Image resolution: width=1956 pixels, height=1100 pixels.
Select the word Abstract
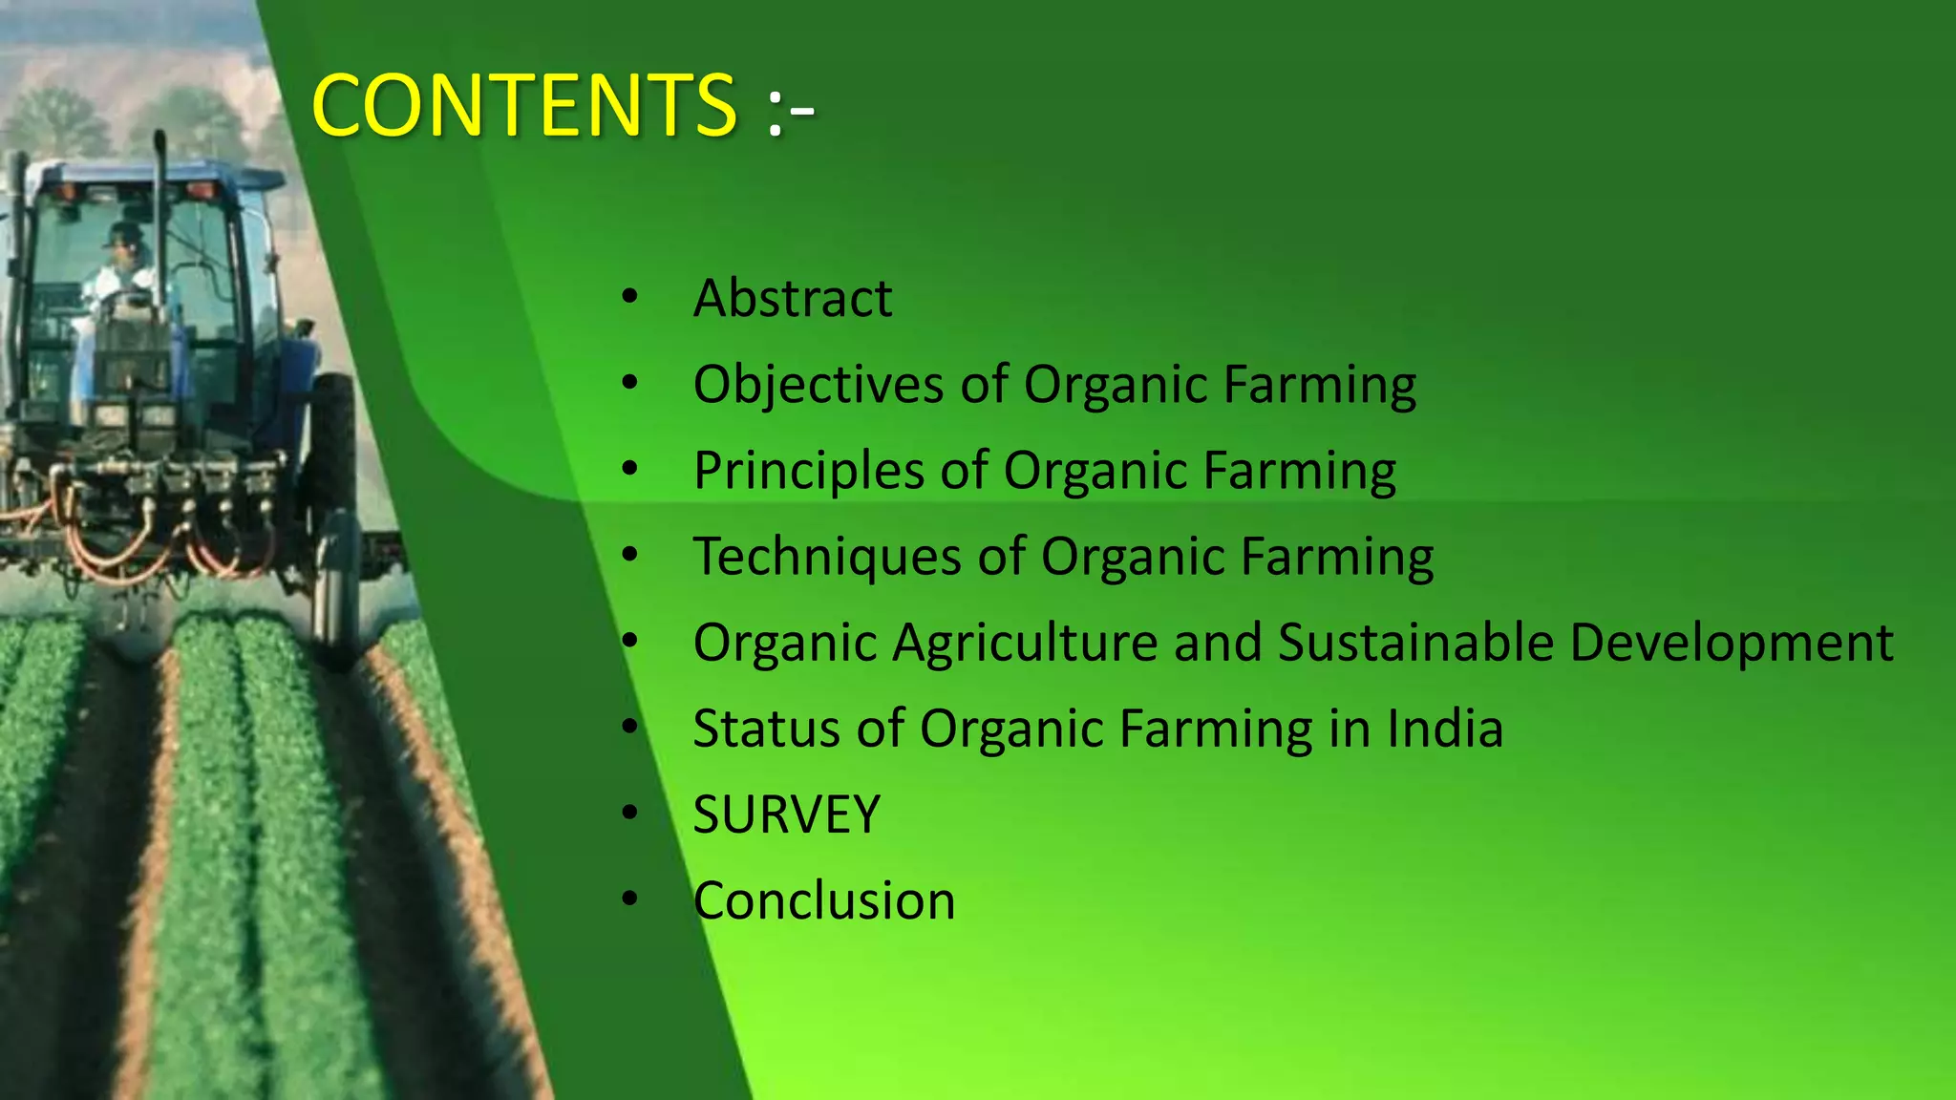point(793,298)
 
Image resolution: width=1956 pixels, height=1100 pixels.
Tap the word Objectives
point(819,385)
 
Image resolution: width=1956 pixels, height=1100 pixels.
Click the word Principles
point(809,471)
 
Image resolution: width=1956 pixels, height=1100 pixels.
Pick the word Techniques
point(827,557)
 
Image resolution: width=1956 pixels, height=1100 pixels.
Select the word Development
point(1732,643)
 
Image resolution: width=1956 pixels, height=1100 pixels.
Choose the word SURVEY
point(786,814)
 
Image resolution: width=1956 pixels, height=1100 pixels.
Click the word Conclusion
point(824,900)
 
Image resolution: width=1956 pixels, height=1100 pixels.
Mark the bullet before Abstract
point(628,297)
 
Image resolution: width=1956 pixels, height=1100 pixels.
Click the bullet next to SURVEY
point(628,814)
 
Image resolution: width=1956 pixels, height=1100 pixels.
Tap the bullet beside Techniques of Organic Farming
point(628,555)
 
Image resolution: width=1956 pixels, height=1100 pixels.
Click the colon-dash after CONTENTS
point(791,111)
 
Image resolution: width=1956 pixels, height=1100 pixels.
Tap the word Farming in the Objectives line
point(1320,385)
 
